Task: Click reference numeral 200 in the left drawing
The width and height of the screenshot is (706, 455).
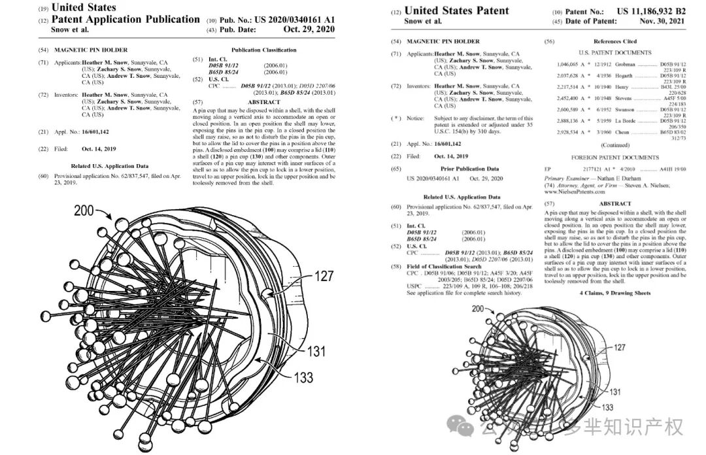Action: pyautogui.click(x=84, y=211)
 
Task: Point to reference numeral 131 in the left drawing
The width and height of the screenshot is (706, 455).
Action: pyautogui.click(x=315, y=352)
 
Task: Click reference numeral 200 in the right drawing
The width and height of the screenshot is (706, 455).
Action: pyautogui.click(x=478, y=308)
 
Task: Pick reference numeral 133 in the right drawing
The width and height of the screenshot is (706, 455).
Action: pyautogui.click(x=607, y=407)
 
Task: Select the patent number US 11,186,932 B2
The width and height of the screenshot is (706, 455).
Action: pyautogui.click(x=641, y=11)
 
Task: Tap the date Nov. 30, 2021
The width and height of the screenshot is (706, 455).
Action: pyautogui.click(x=662, y=22)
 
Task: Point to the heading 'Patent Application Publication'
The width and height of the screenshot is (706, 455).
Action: pyautogui.click(x=126, y=20)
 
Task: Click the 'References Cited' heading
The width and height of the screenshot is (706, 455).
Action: pyautogui.click(x=615, y=41)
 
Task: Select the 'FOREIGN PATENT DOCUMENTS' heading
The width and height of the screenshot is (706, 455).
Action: pyautogui.click(x=614, y=158)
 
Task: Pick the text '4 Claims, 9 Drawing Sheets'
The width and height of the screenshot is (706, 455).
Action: pyautogui.click(x=615, y=293)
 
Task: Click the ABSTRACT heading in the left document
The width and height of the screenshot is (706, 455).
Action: pyautogui.click(x=264, y=103)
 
